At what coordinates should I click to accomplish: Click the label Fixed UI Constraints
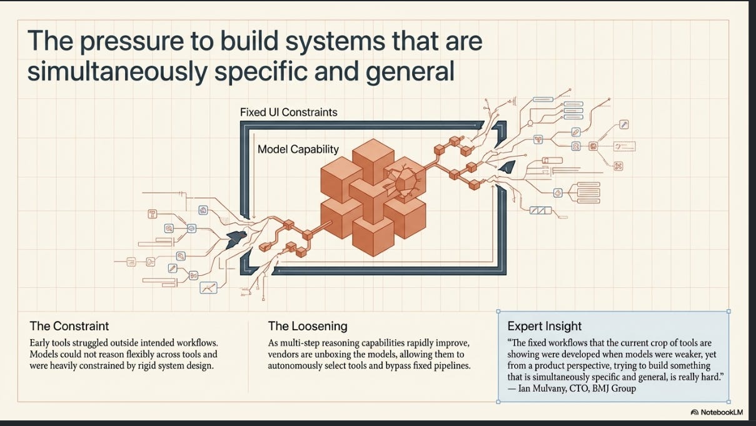(288, 112)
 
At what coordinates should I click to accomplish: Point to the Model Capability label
(298, 150)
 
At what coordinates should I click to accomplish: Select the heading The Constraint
(69, 326)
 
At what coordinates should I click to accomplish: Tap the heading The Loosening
(308, 326)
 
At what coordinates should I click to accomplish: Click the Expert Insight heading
(545, 326)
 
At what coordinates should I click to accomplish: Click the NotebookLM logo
(717, 412)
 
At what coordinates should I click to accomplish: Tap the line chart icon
(208, 287)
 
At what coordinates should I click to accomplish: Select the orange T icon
(153, 214)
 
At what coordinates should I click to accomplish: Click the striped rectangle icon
(540, 211)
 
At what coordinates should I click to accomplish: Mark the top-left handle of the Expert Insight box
(498, 312)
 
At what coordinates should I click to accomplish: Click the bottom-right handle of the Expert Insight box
(728, 402)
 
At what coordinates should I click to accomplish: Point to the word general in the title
(410, 71)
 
